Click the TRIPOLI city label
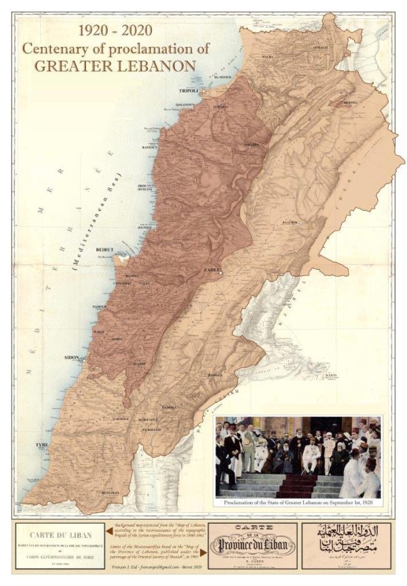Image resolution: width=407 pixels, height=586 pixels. click(x=189, y=90)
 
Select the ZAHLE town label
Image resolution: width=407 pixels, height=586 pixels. click(x=212, y=270)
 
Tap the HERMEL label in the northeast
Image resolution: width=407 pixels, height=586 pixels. click(x=351, y=104)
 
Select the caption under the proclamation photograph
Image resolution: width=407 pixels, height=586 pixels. click(x=298, y=503)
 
